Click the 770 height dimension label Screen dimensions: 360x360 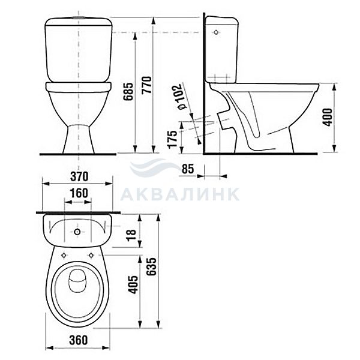(147, 85)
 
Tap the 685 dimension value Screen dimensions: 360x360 (128, 92)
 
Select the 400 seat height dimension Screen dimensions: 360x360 (328, 117)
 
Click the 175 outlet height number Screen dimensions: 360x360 (172, 139)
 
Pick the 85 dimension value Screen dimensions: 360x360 (188, 169)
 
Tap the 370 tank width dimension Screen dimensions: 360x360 (79, 176)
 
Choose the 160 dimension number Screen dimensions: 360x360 (79, 193)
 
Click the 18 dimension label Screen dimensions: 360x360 (131, 235)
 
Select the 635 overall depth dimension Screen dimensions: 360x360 (151, 266)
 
